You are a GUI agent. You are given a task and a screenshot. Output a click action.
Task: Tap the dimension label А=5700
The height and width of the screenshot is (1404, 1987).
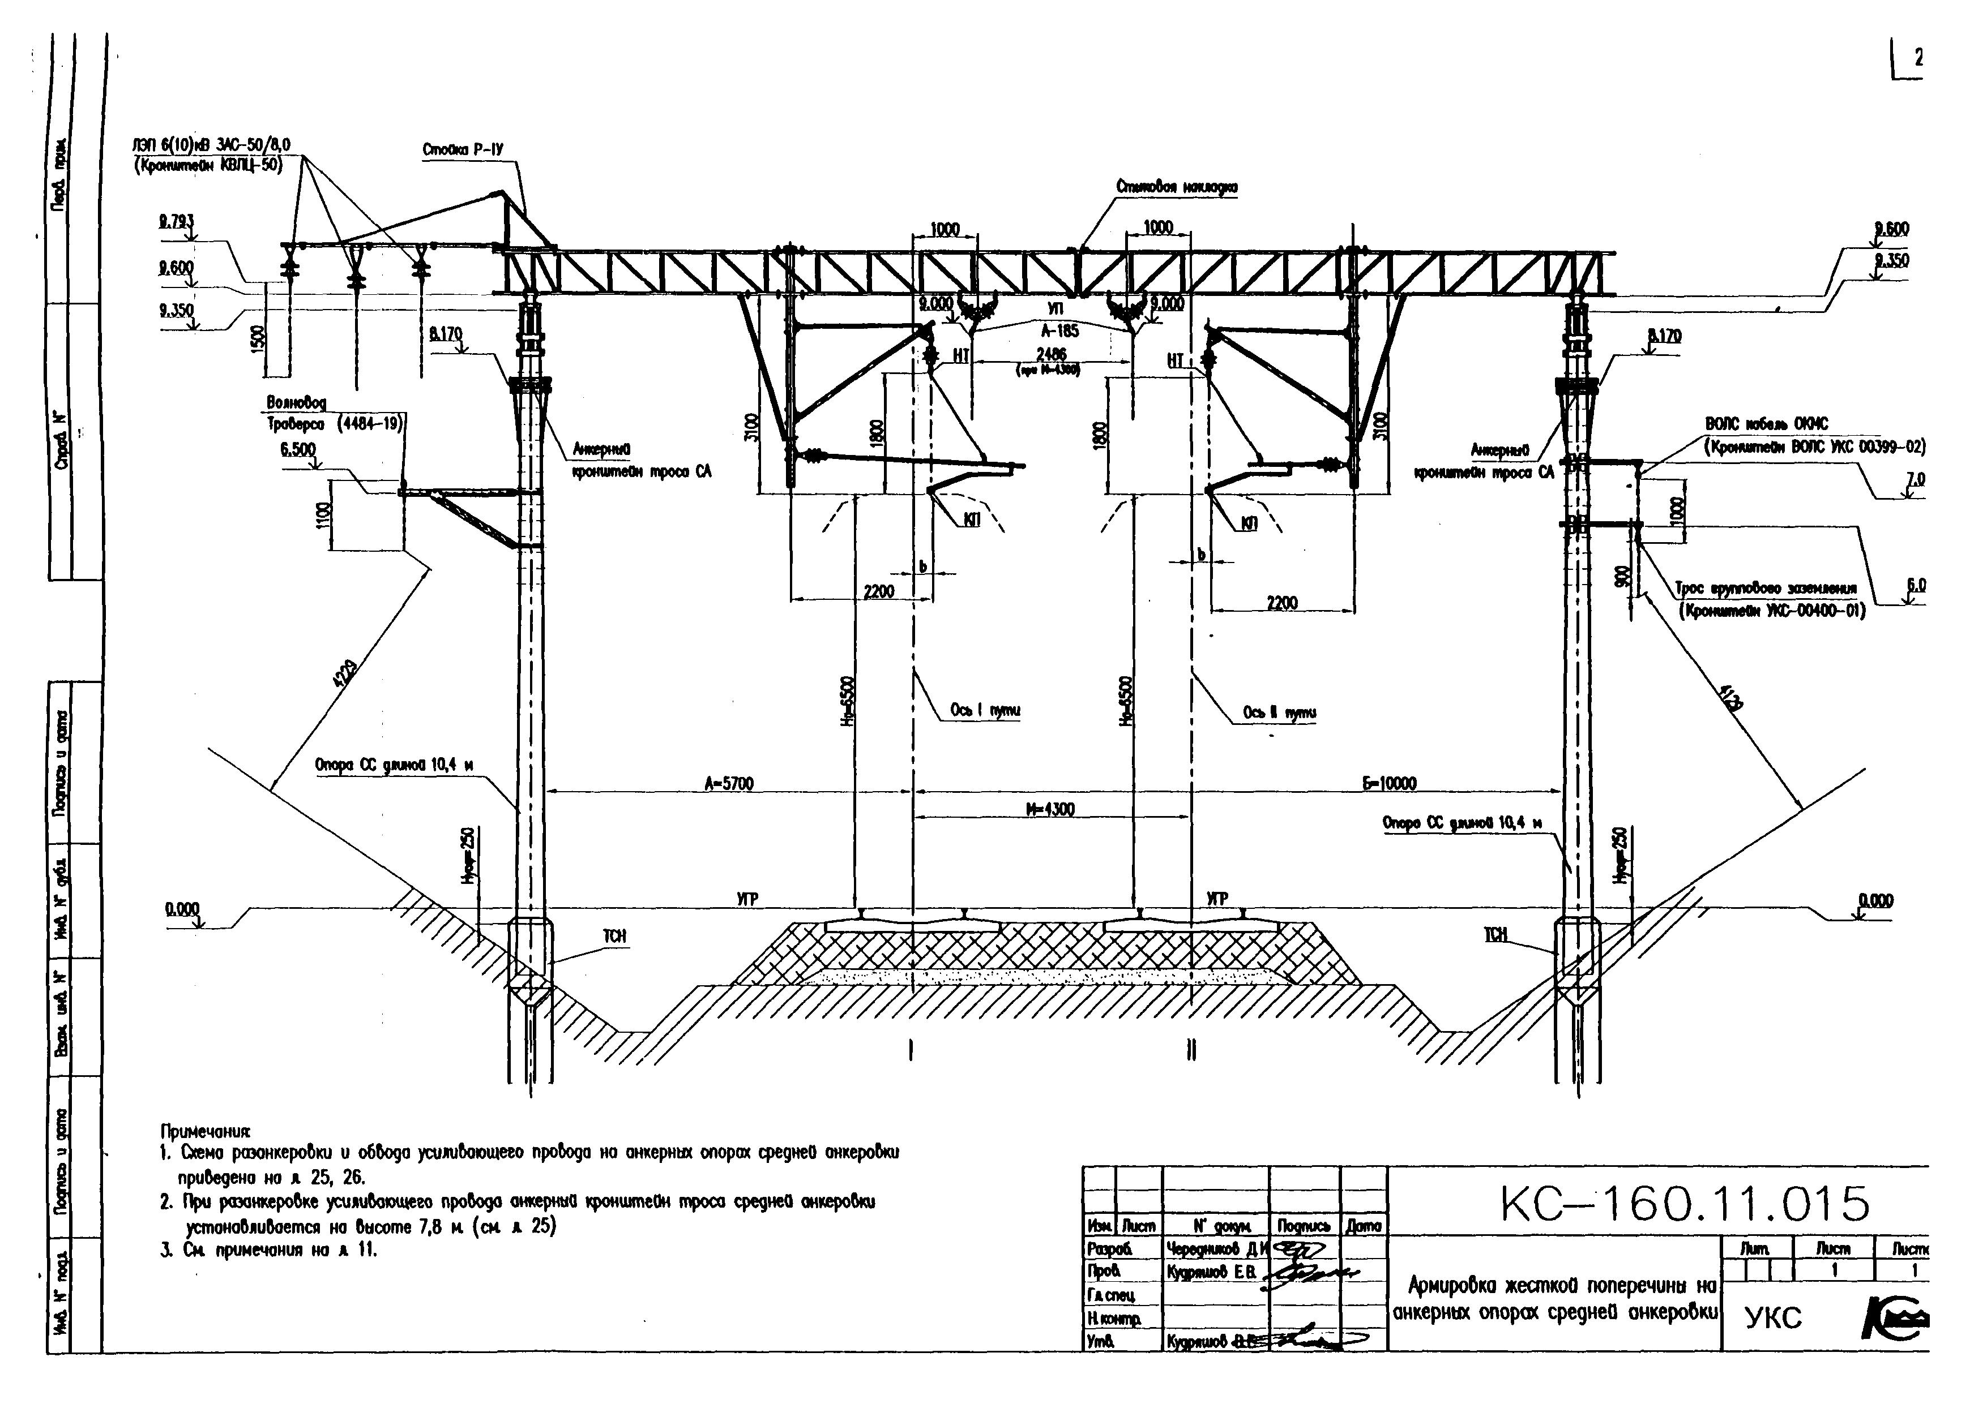coord(729,784)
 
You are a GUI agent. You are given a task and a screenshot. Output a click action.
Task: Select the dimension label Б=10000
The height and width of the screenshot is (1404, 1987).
coord(1390,784)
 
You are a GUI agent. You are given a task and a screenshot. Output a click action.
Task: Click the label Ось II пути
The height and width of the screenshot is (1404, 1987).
coord(1279,713)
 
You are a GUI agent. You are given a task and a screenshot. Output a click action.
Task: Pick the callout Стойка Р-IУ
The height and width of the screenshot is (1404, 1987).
coord(463,151)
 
